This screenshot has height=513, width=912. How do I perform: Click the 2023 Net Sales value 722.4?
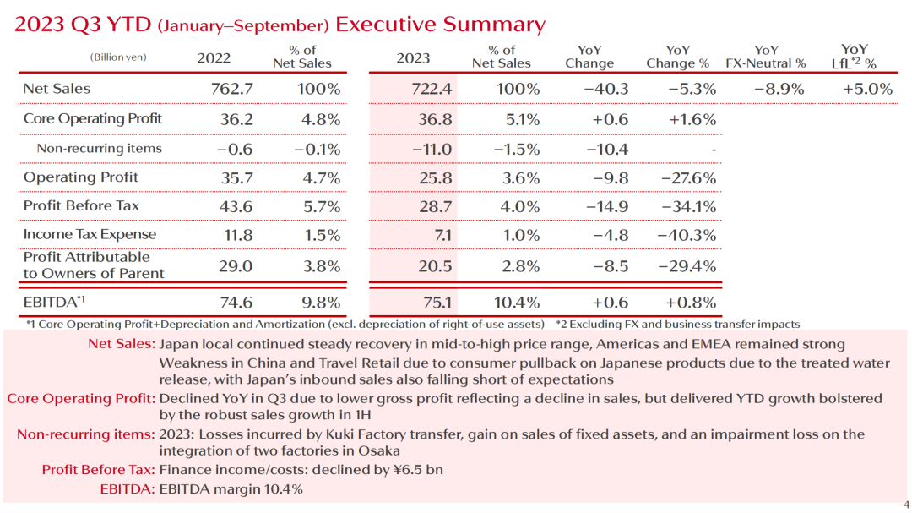coord(430,89)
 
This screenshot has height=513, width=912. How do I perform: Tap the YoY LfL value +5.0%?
coord(867,89)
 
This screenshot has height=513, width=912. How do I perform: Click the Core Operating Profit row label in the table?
coord(92,118)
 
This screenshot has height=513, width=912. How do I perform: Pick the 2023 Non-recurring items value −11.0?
coord(432,149)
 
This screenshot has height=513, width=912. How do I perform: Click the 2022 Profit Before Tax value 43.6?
coord(236,205)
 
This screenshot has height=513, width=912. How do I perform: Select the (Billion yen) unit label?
coord(118,57)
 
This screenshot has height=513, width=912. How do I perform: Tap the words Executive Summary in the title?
coord(440,24)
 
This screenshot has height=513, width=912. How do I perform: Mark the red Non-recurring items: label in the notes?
coord(86,434)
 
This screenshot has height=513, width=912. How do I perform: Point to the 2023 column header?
coord(413,58)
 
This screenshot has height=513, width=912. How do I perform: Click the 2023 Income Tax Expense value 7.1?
coord(442,234)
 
